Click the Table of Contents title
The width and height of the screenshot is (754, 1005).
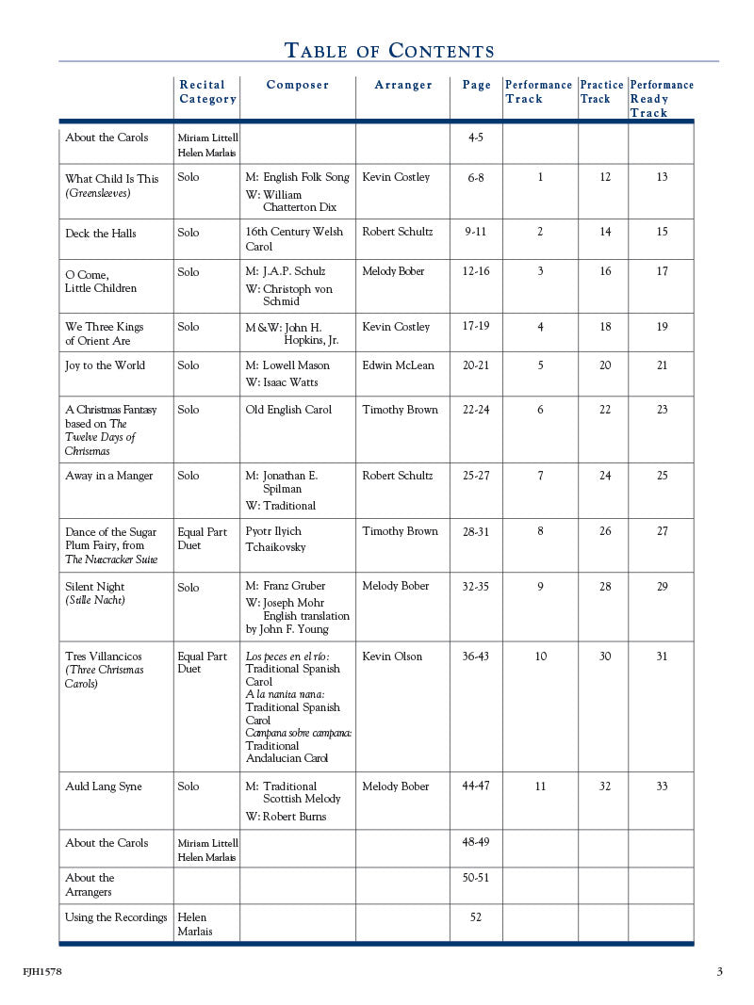pos(388,51)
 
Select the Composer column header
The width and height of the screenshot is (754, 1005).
pos(298,86)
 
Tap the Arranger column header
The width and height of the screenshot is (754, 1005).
pos(403,86)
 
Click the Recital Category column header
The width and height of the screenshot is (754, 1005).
pos(207,92)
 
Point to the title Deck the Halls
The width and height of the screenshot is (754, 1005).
pos(101,234)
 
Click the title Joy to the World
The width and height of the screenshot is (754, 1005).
pos(105,365)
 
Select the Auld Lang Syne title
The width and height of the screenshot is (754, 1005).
pos(104,786)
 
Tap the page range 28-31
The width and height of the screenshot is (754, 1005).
pos(476,531)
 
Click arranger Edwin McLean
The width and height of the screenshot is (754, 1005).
pos(398,365)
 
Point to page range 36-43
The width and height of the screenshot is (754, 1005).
pos(476,656)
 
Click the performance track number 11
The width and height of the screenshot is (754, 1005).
pos(540,786)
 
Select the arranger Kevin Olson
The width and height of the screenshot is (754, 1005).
pos(392,656)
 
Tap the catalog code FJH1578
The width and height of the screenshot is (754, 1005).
pos(42,971)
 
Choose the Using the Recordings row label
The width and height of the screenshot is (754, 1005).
pos(116,917)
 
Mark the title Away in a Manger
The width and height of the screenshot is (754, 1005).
pos(108,476)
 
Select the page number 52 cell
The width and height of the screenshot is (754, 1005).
pos(476,917)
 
